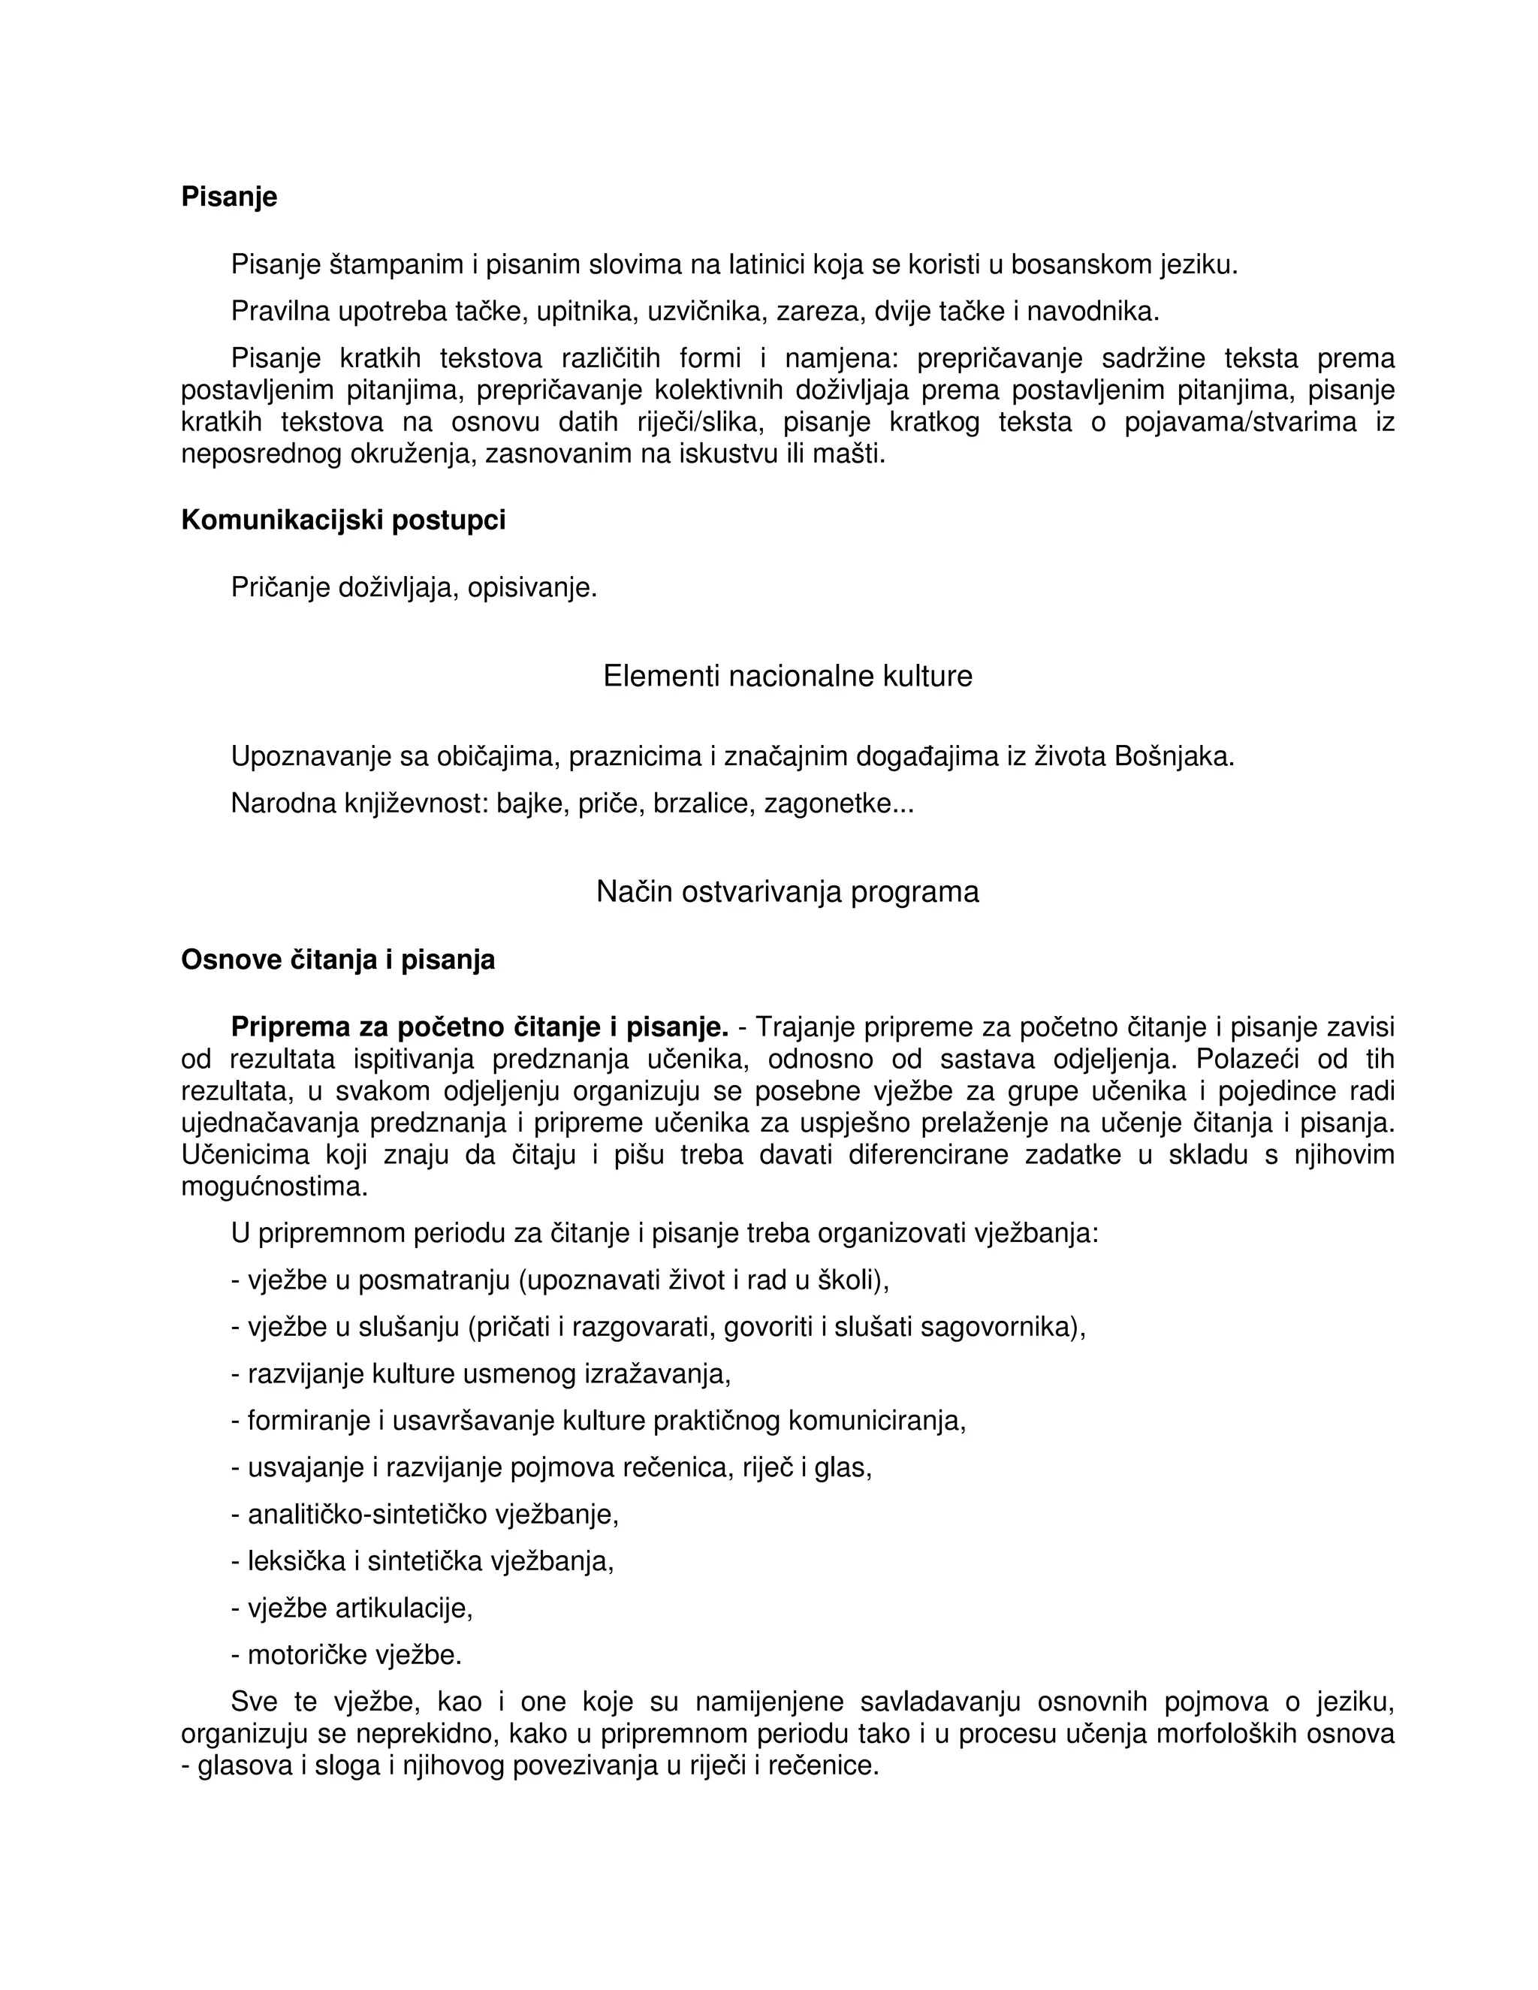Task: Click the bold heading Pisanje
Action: pos(229,197)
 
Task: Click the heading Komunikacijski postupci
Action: pos(342,520)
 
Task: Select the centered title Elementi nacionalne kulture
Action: pos(787,676)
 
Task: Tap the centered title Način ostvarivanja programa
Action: pos(787,891)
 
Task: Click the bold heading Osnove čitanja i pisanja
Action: pos(338,960)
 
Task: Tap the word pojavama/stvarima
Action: pos(1240,422)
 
